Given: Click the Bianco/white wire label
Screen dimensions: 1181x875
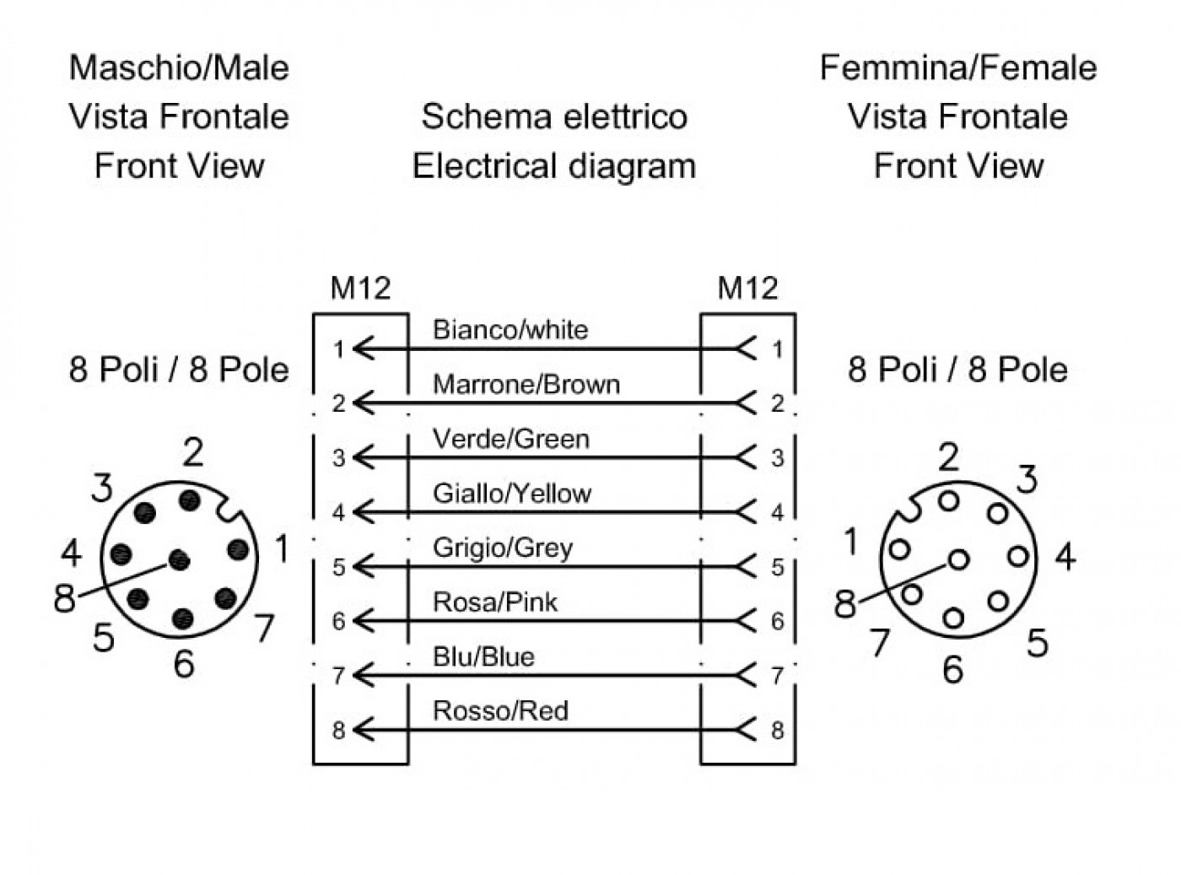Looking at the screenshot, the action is (510, 330).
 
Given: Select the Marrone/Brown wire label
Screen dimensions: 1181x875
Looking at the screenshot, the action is (526, 385).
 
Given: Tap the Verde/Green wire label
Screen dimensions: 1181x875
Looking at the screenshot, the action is (511, 440).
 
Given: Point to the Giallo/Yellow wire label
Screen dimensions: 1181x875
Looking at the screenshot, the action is (512, 494).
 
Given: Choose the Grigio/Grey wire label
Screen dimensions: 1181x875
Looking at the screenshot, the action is (503, 548).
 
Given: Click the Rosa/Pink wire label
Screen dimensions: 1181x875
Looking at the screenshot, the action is (495, 602).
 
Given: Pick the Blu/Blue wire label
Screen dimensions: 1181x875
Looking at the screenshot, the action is (483, 656).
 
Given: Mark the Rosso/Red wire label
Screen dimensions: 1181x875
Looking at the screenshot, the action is (500, 711).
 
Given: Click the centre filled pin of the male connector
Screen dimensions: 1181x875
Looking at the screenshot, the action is (179, 559).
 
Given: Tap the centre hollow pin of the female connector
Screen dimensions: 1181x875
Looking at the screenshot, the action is (958, 559).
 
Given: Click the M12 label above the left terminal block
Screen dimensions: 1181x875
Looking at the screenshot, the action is (360, 288).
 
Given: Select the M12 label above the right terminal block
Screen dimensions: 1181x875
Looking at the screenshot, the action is (747, 288).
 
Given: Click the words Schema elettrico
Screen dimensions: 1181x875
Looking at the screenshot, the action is (554, 116).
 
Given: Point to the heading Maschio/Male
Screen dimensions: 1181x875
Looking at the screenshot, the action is (179, 68).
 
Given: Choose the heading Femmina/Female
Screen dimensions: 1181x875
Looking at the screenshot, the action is (958, 68).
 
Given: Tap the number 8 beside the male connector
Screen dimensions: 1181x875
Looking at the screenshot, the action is (64, 597).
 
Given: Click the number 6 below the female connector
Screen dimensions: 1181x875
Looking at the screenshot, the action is (953, 669).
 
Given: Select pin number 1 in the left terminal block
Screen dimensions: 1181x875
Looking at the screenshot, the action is (338, 350).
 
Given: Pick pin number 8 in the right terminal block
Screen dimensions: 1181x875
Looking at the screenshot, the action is (778, 730).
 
